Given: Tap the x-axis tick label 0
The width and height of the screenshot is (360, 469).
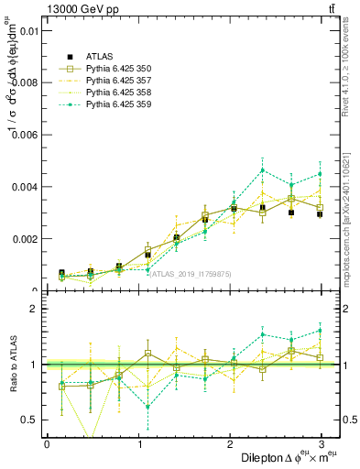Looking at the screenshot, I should point(47,444).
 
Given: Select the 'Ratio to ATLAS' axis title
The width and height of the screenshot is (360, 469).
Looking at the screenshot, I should point(12,365).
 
